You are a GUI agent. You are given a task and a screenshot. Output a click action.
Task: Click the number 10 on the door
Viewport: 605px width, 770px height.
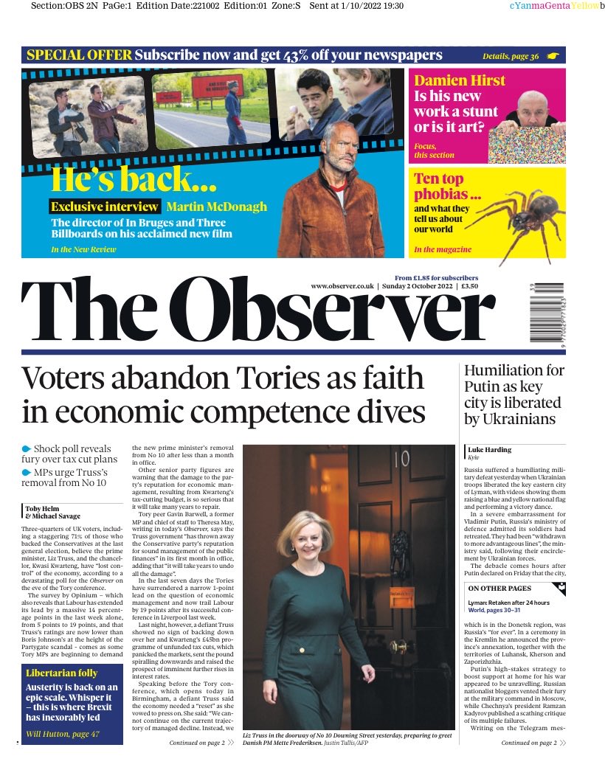401,461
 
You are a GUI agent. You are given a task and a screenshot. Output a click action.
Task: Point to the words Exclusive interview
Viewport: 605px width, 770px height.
105,207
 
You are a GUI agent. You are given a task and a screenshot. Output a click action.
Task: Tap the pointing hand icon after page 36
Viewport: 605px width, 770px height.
553,55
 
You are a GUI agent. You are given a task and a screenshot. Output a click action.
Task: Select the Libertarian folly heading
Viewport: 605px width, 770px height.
62,673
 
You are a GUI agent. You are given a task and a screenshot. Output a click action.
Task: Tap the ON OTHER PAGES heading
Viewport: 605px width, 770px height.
499,588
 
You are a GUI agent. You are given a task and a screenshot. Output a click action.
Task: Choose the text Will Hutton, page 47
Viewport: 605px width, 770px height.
63,735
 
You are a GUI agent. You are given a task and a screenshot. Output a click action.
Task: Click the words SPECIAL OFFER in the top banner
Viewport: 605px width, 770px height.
79,55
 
